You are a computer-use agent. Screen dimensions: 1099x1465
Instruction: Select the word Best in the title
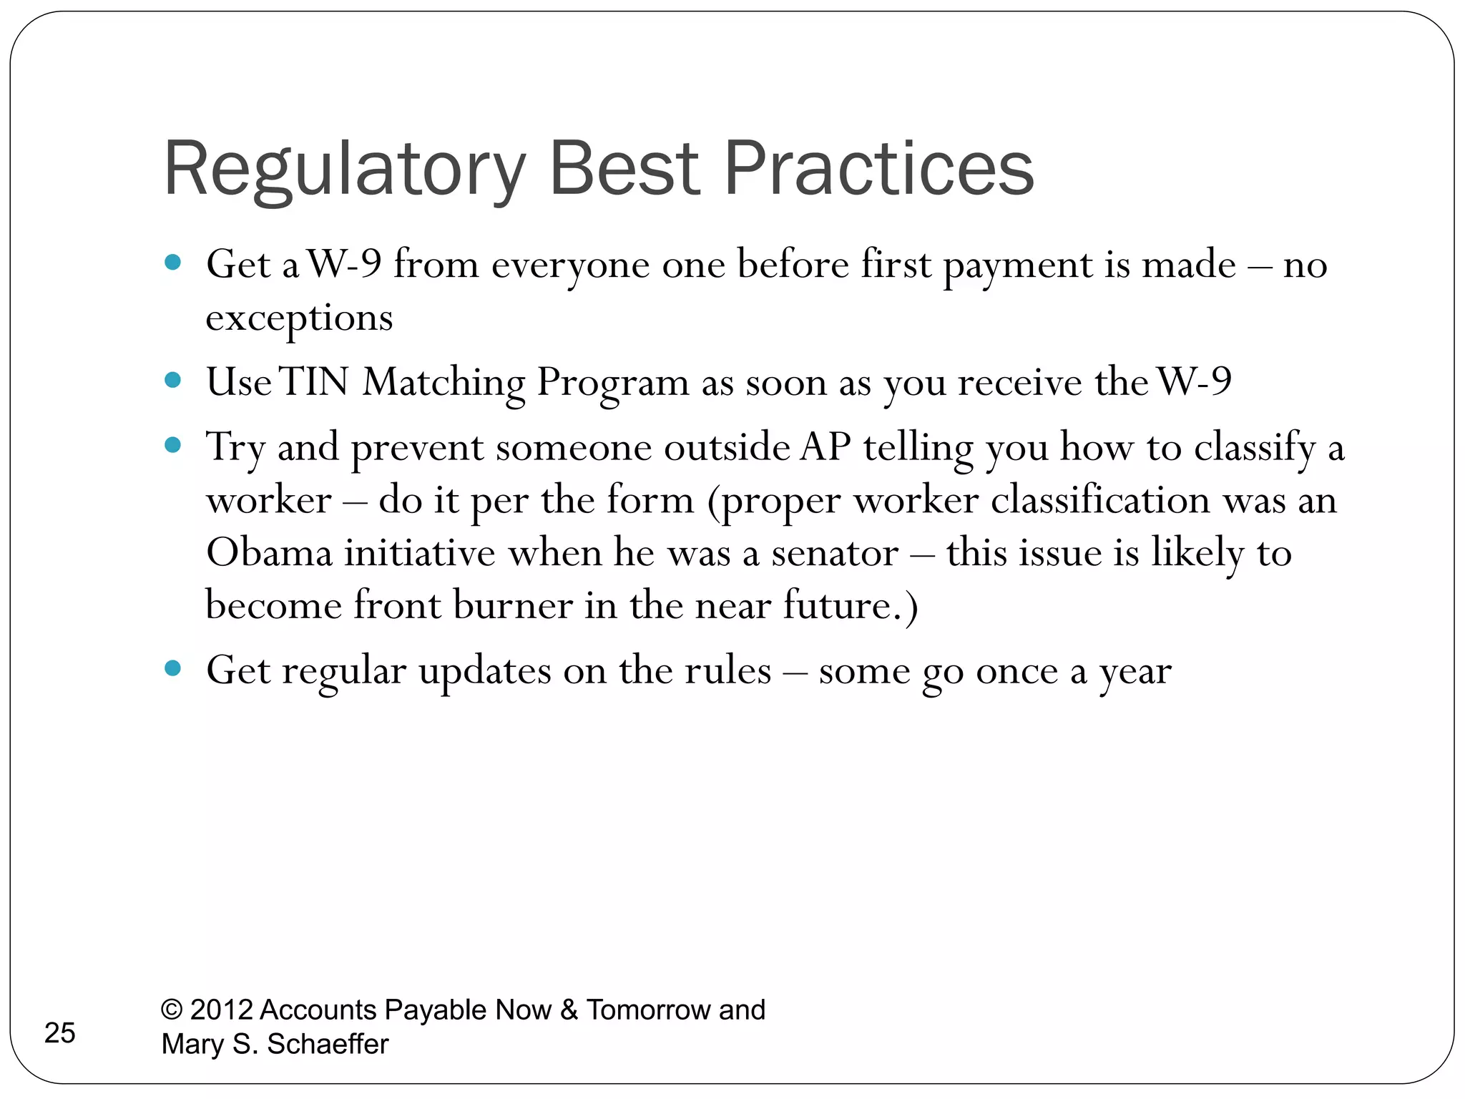point(624,169)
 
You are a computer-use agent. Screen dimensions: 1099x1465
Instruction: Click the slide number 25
point(59,1033)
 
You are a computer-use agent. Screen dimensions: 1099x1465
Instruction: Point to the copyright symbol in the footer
point(171,1010)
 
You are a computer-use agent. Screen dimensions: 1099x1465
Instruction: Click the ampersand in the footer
point(569,1010)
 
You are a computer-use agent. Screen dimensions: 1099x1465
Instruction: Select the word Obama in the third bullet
point(269,553)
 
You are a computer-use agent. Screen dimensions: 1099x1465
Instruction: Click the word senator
point(834,553)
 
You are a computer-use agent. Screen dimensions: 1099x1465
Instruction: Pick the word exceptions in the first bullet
point(299,318)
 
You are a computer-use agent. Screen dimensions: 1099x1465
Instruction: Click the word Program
point(613,383)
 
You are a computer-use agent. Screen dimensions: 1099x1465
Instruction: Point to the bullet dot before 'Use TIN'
point(172,380)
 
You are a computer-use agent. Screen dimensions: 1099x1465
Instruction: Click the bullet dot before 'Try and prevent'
point(172,446)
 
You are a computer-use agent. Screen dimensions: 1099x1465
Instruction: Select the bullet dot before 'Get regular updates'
point(172,669)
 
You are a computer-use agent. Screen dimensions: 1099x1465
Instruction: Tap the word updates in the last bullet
point(484,672)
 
